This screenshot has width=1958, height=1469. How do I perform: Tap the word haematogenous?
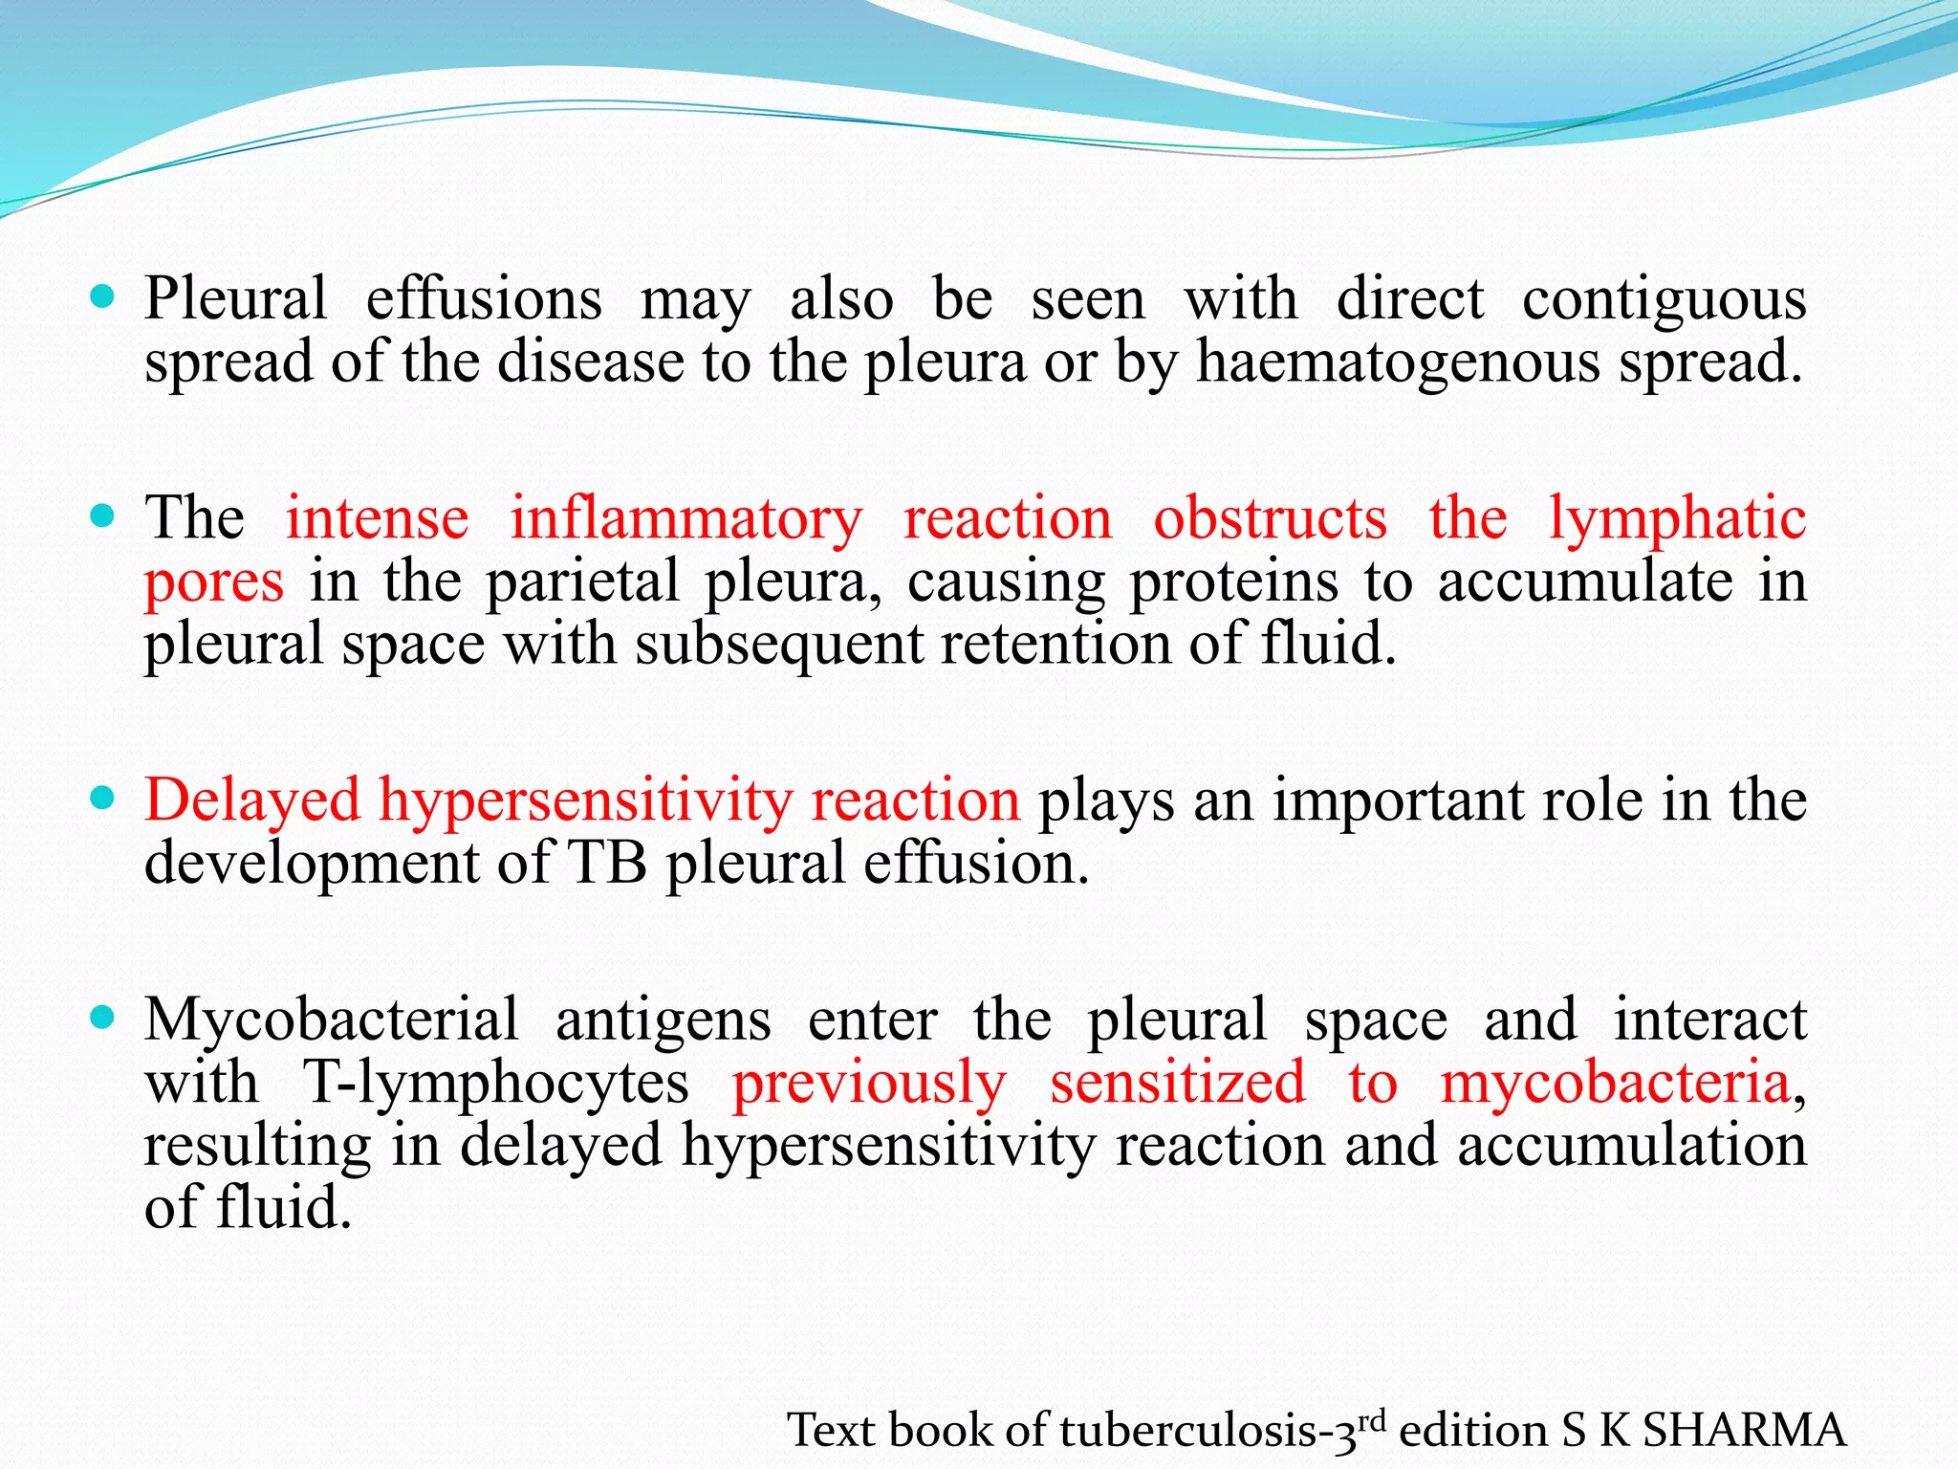(x=1398, y=364)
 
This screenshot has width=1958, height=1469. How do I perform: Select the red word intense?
(x=378, y=518)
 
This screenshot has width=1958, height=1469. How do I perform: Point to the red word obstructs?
(x=1270, y=518)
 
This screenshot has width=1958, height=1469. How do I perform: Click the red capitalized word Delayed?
(x=252, y=801)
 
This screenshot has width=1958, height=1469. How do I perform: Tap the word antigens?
(x=663, y=1020)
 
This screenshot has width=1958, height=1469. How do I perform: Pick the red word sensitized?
(x=1177, y=1083)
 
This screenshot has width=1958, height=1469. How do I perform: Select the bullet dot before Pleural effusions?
(x=101, y=296)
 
